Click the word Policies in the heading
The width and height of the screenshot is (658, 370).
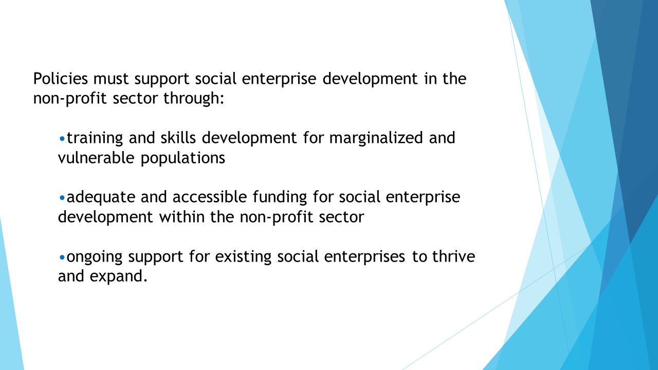61,79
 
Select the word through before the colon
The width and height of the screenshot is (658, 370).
191,98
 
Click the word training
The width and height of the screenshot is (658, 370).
95,138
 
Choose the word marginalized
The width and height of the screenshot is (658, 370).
376,138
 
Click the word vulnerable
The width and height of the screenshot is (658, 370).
96,157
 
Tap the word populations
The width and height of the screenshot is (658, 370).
182,158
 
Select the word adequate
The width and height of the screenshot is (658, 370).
101,197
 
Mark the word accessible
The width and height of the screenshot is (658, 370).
210,196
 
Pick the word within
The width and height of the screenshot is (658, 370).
182,217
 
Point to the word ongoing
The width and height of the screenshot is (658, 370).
95,257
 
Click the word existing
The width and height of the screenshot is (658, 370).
243,257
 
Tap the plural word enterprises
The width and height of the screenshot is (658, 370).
364,257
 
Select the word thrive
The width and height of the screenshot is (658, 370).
453,256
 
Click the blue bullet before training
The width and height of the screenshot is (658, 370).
62,138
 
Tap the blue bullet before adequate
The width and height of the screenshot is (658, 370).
62,198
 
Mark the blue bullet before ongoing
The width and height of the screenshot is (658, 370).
62,257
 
